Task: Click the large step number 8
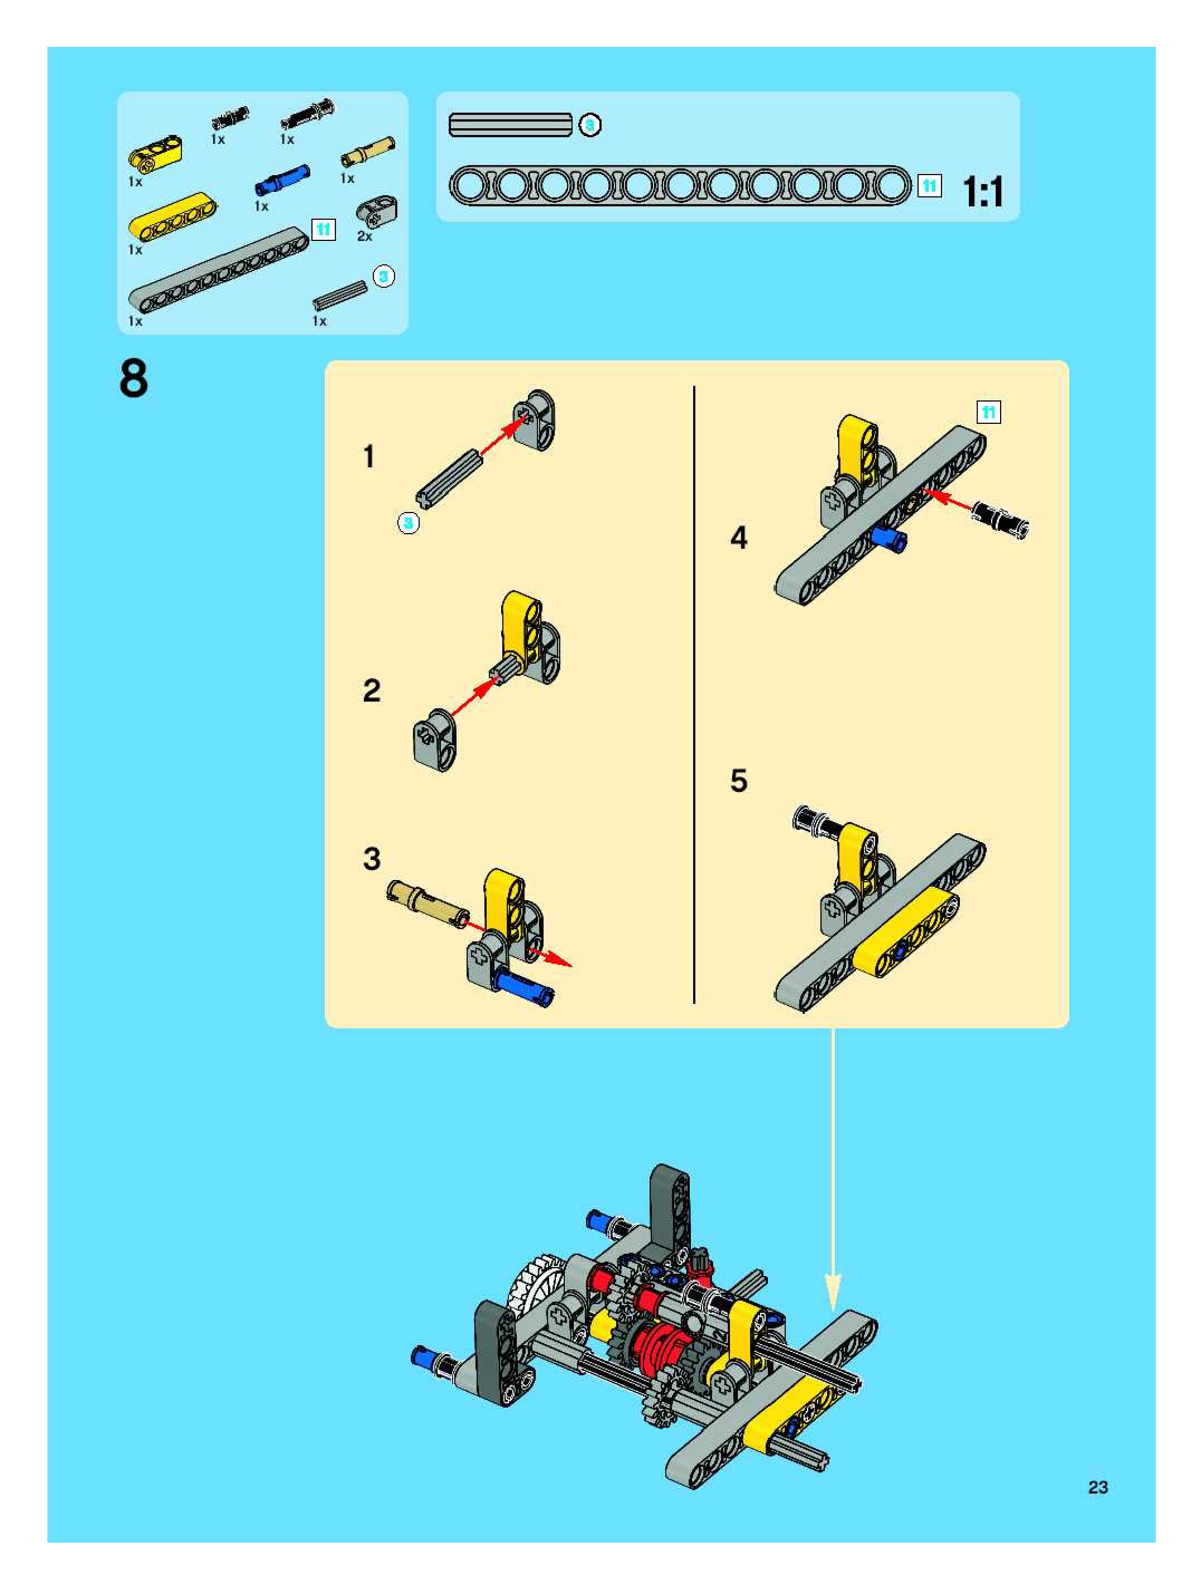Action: point(134,379)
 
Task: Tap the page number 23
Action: point(1098,1487)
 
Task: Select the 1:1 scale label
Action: point(983,191)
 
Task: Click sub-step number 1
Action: point(368,456)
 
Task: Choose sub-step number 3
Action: point(372,858)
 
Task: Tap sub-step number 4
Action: point(738,538)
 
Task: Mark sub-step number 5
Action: point(738,780)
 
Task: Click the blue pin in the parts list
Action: point(282,180)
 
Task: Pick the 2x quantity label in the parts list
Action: point(365,236)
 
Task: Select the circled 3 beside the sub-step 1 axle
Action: point(408,523)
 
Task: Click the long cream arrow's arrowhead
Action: point(833,1291)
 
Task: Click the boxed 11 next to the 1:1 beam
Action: point(929,186)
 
